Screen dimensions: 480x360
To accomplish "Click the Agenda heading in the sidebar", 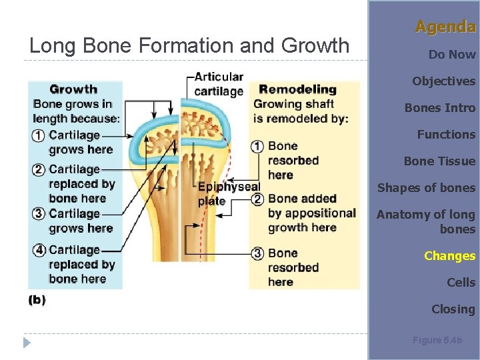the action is [x=445, y=27].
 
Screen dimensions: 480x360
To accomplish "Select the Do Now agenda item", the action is [x=451, y=55].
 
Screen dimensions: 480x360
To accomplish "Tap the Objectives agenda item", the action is [x=443, y=81].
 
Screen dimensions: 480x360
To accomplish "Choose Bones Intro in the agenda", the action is [x=440, y=108].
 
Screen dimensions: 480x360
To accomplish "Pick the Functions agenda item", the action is [x=446, y=135].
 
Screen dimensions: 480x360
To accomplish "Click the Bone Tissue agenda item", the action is [x=439, y=161].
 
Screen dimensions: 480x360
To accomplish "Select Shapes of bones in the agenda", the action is [x=426, y=188].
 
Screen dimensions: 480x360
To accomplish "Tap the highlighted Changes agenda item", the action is [x=449, y=256].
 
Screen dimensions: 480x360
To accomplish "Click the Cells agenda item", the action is [x=461, y=283].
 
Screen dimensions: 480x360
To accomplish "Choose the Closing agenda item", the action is [x=453, y=309].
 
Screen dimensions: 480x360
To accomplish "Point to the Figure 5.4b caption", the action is [x=437, y=340].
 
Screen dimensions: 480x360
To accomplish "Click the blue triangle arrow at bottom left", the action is [x=27, y=343].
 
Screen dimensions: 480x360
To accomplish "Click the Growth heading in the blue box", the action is [x=73, y=89].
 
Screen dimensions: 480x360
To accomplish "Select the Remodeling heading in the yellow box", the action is [x=297, y=89].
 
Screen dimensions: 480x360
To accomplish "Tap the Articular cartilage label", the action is [x=219, y=84].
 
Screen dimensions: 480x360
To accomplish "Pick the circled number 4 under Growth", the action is [x=39, y=251].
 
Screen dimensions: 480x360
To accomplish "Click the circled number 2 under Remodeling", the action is [x=257, y=199].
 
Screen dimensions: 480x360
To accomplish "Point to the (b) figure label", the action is [x=37, y=299].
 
